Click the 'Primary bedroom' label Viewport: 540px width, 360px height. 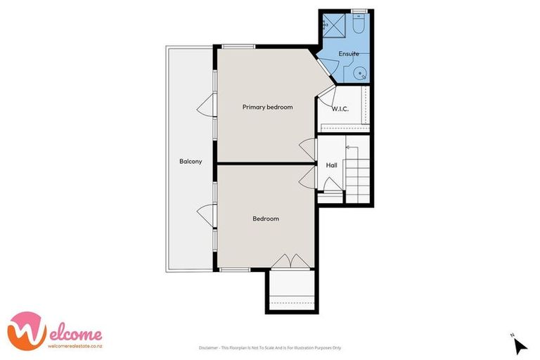tap(267, 108)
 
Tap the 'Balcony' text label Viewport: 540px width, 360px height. tap(190, 162)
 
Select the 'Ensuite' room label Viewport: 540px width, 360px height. tap(348, 53)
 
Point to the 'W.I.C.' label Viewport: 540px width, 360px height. tap(340, 109)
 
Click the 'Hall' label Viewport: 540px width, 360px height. tap(331, 165)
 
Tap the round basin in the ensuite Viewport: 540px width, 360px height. tap(360, 72)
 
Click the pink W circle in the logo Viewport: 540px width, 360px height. tap(22, 330)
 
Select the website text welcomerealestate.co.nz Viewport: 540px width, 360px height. tap(75, 345)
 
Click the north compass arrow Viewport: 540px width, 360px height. tap(520, 345)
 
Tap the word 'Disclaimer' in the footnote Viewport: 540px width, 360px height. tap(208, 348)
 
